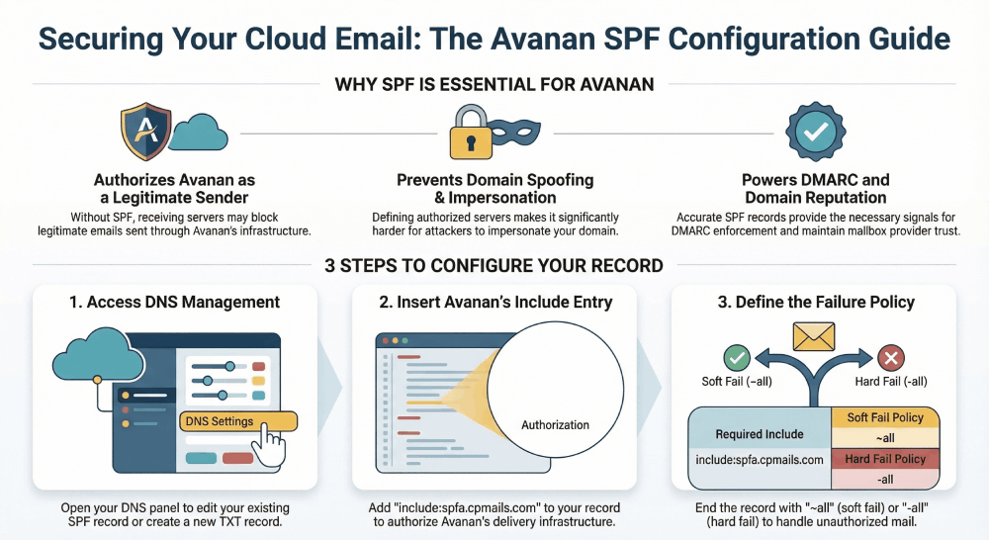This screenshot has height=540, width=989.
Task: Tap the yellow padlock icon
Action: [471, 135]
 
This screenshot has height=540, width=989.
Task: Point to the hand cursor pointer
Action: [270, 446]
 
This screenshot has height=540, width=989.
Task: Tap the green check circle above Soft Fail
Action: [737, 358]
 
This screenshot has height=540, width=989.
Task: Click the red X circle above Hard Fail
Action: [892, 358]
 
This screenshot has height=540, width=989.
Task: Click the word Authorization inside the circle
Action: [555, 425]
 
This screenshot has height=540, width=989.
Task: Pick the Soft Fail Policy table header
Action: [885, 418]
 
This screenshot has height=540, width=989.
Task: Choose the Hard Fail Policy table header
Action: [885, 459]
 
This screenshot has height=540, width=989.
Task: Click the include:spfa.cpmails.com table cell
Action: [760, 461]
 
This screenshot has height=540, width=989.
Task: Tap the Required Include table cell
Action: [760, 434]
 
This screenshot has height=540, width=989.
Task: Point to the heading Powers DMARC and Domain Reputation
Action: [815, 189]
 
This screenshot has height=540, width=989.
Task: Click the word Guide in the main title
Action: [895, 39]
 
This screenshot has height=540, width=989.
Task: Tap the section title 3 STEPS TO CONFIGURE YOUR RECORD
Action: [494, 265]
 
